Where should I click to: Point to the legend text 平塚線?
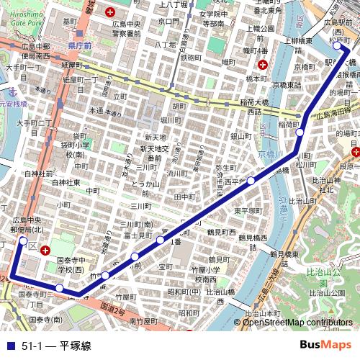coord(75,346)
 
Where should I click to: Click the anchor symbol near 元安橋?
coord(12,91)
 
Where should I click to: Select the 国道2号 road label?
coord(112,309)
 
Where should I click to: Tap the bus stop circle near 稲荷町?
coord(300,132)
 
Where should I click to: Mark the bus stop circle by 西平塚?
coord(251,180)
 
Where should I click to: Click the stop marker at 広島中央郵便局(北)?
coord(23,240)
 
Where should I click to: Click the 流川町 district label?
coord(176,174)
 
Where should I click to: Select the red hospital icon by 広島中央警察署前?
coord(110,12)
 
